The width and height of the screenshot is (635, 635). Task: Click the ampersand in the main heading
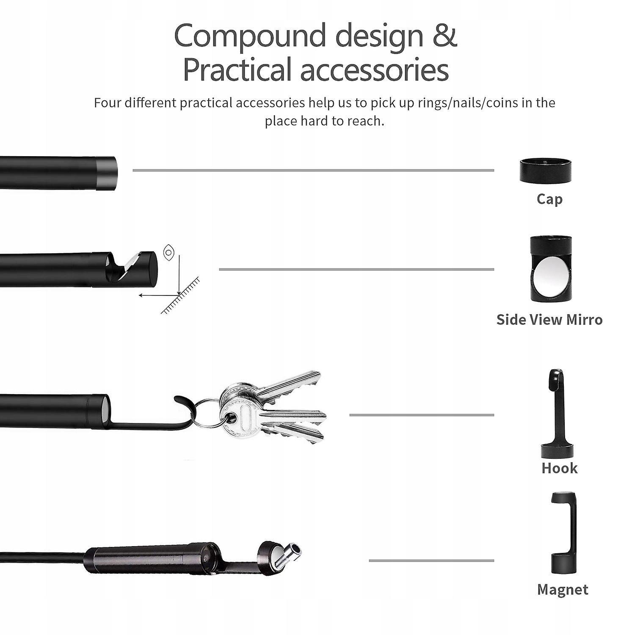point(444,36)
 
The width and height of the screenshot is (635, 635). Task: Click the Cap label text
point(549,199)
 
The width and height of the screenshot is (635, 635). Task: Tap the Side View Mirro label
point(549,320)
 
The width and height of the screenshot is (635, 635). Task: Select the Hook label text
point(559,468)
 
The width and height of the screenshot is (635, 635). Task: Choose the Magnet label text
point(562,590)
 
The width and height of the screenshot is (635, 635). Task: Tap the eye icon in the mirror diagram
point(168,252)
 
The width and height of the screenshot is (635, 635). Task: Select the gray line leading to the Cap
point(313,171)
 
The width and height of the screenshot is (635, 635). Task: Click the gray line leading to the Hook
point(421,415)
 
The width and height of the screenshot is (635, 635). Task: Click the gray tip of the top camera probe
point(107,172)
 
